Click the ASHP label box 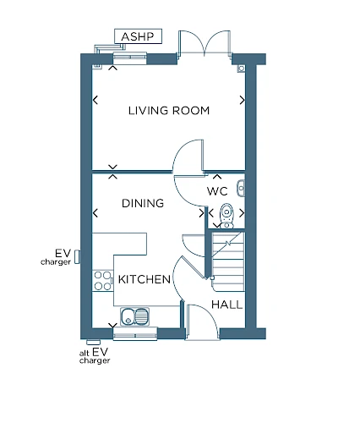click(138, 36)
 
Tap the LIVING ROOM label click(169, 111)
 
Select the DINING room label click(143, 203)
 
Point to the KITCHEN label click(145, 279)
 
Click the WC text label click(217, 191)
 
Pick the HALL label click(226, 305)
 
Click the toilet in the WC click(226, 216)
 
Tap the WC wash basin click(241, 188)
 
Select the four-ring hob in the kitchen click(102, 281)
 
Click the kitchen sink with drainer click(135, 316)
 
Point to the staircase click(228, 261)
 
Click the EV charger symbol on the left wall click(77, 257)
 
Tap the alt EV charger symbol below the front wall click(94, 342)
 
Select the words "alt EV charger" click(95, 356)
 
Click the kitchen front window click(135, 334)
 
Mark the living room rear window click(130, 58)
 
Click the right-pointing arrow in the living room click(242, 100)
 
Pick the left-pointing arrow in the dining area click(95, 213)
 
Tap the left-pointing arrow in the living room click(95, 100)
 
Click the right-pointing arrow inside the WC click(242, 213)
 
